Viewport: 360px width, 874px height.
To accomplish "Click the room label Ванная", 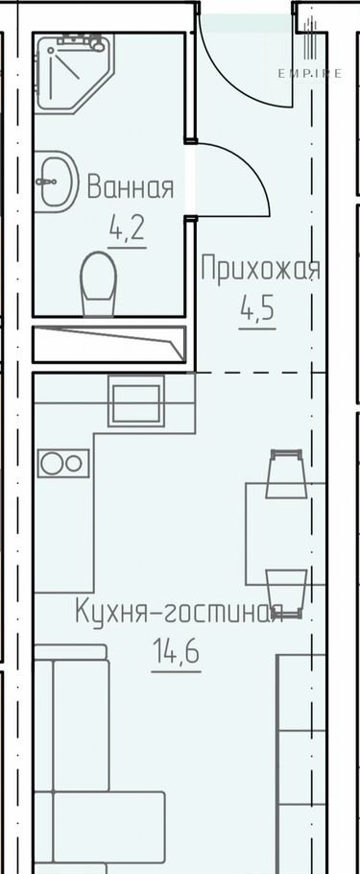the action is [131, 186].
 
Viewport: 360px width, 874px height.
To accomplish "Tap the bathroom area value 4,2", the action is [127, 228].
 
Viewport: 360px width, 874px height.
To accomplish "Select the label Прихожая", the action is [261, 270].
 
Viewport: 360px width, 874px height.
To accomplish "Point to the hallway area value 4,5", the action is [257, 308].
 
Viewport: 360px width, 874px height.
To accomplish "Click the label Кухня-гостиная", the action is [180, 613].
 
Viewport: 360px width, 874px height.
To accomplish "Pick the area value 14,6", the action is [176, 652].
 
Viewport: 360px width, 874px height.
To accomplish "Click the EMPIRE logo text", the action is [310, 74].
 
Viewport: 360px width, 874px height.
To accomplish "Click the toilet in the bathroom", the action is [99, 283].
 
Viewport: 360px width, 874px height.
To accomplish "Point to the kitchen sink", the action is [136, 401].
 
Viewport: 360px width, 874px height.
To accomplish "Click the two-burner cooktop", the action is [63, 463].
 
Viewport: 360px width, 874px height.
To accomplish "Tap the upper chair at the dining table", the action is [286, 473].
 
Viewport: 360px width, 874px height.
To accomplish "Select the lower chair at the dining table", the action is [286, 594].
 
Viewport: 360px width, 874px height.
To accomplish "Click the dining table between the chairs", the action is [286, 534].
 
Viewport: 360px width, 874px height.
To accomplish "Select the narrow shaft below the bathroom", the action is [109, 345].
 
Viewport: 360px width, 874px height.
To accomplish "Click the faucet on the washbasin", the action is [46, 182].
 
